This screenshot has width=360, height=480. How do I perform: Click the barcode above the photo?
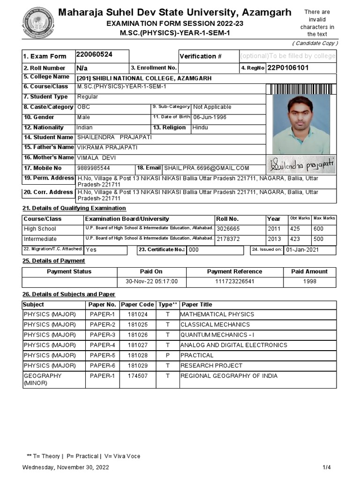[301, 89]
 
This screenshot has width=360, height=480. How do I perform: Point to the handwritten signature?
[301, 165]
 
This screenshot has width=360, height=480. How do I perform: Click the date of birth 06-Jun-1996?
[210, 117]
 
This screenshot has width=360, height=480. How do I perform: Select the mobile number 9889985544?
[94, 168]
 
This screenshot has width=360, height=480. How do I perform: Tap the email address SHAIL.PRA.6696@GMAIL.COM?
[206, 168]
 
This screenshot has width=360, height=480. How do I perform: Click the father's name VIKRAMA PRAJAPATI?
[107, 147]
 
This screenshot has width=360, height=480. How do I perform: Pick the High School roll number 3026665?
[228, 229]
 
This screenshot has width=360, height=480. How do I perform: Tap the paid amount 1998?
[309, 282]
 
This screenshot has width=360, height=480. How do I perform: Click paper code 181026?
[137, 335]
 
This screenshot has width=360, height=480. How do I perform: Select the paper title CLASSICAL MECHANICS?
[215, 324]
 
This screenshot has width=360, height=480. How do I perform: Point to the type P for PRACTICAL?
[167, 355]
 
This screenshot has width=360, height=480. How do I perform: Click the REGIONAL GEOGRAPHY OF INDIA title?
[229, 376]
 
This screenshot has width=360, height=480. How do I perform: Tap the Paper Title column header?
[197, 305]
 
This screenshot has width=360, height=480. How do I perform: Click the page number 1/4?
[326, 467]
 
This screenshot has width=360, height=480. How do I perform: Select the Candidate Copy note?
[315, 43]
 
